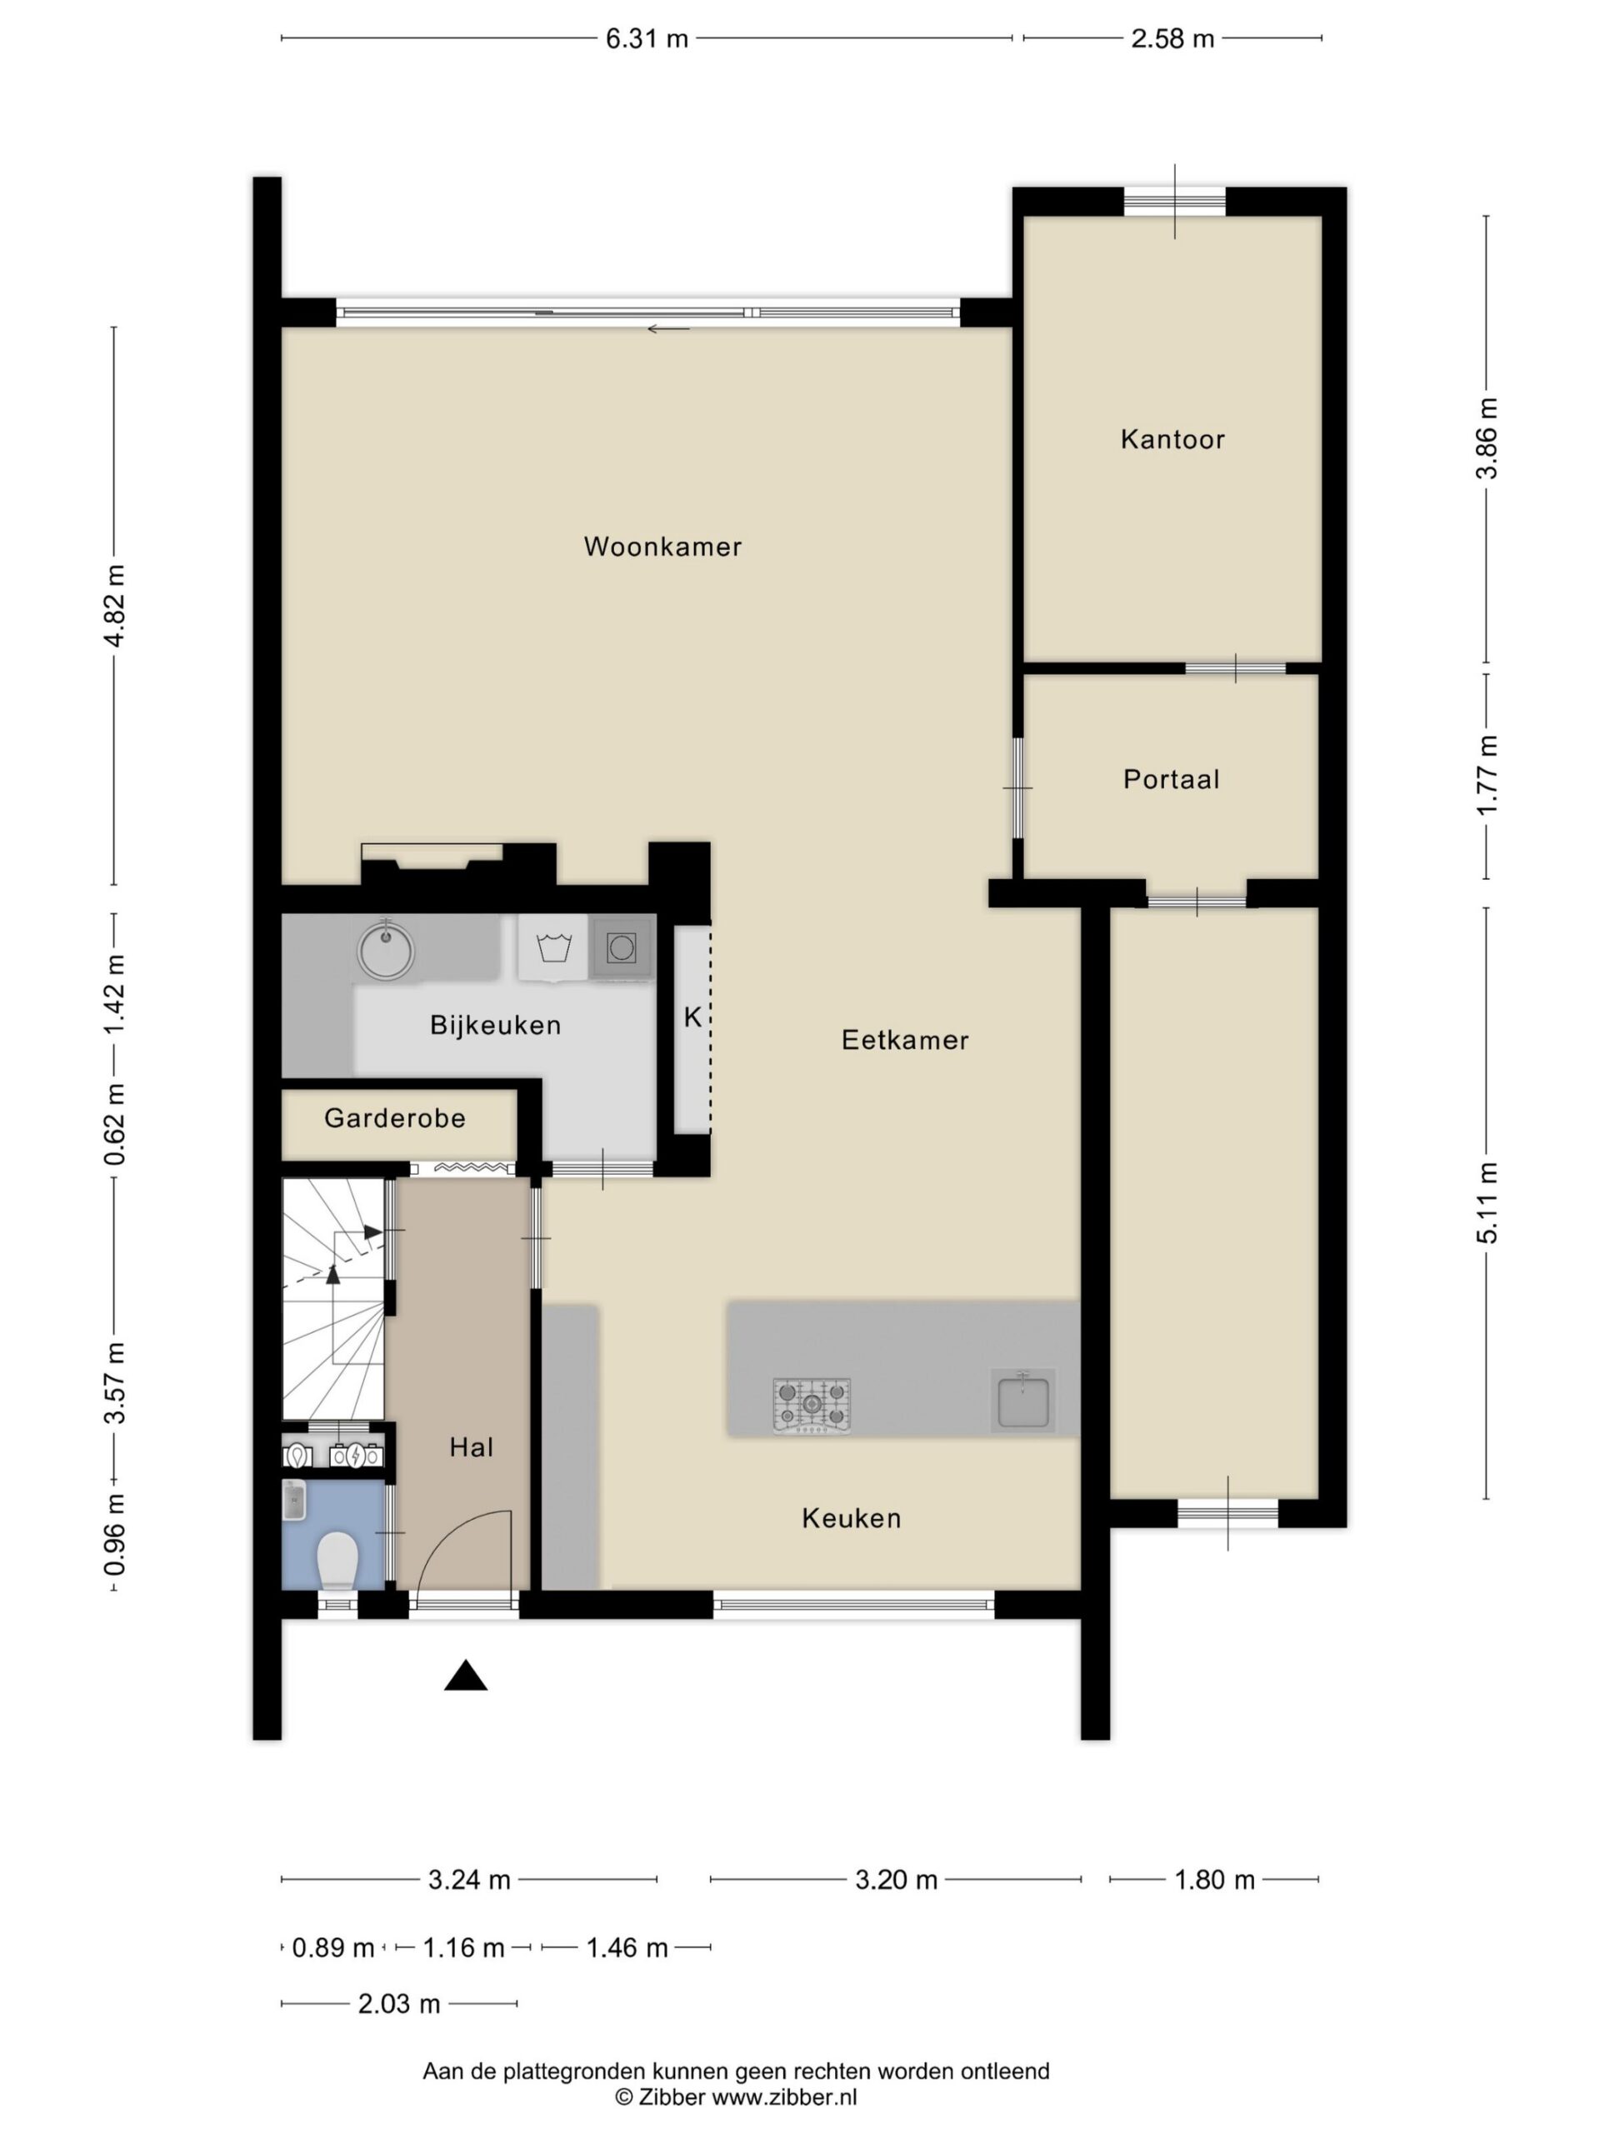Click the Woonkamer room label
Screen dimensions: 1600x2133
662,547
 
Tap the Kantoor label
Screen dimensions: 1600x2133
1172,440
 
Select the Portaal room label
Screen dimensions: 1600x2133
1171,779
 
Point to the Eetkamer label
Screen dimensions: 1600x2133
905,1040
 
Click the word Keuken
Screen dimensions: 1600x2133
852,1518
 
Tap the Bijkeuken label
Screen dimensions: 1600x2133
496,1025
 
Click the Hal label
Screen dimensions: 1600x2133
471,1446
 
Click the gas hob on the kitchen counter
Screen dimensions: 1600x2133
811,1404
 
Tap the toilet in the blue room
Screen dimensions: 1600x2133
337,1561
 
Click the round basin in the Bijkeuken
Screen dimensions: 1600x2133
386,951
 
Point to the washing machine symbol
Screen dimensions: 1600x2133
553,948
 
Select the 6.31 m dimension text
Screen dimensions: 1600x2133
646,38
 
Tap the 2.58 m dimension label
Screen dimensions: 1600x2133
1172,38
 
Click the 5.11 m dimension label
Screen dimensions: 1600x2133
1488,1202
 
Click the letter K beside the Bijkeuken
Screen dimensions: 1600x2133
692,1017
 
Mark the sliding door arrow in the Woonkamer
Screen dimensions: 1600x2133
668,329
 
